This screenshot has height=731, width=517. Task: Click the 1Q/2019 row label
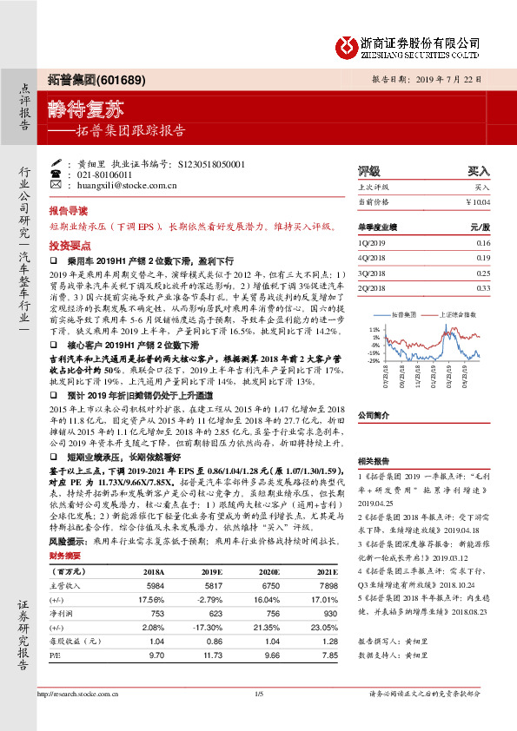tap(371, 243)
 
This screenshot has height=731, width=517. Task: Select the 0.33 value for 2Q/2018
tap(483, 287)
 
